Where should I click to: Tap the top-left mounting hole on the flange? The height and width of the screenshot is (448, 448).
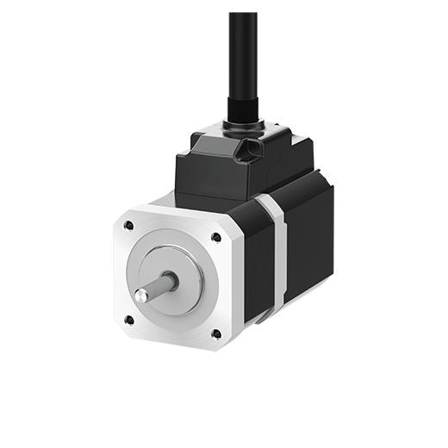tap(128, 226)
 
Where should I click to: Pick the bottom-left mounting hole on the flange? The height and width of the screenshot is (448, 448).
tap(128, 320)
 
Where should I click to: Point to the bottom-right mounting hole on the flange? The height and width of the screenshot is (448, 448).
tap(215, 333)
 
